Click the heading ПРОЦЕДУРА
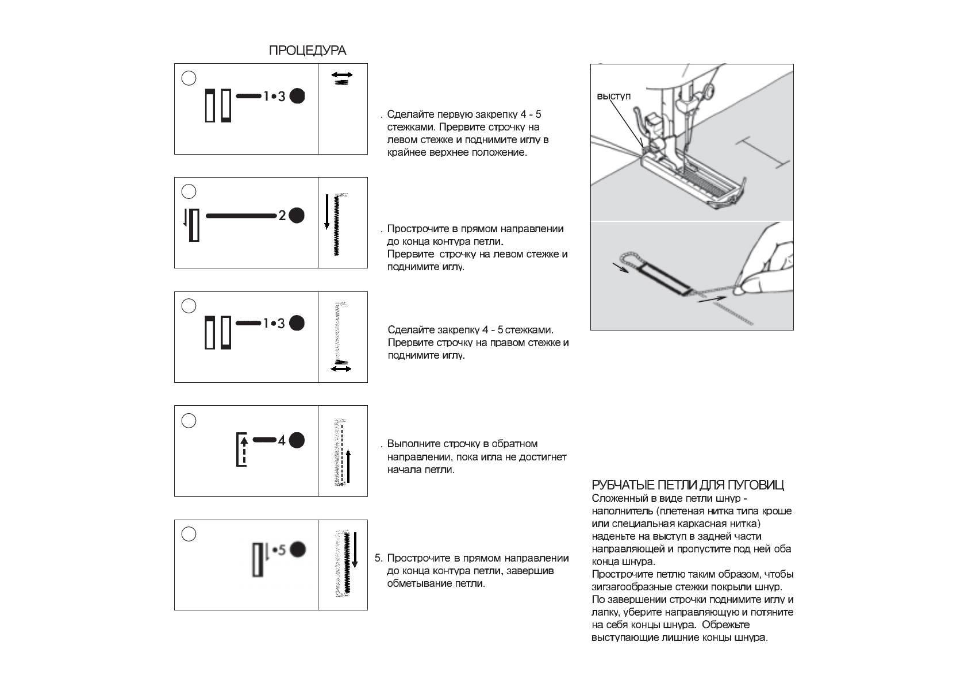(308, 51)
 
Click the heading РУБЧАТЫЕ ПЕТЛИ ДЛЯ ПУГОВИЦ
(687, 485)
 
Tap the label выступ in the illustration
(613, 96)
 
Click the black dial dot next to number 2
(297, 216)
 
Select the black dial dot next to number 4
(297, 441)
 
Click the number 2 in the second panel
(282, 216)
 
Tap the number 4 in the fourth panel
(282, 441)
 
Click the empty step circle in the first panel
(189, 78)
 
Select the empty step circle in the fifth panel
(189, 534)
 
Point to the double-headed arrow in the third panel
(341, 368)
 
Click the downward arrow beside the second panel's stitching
(327, 212)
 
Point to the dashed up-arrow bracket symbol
(242, 449)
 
